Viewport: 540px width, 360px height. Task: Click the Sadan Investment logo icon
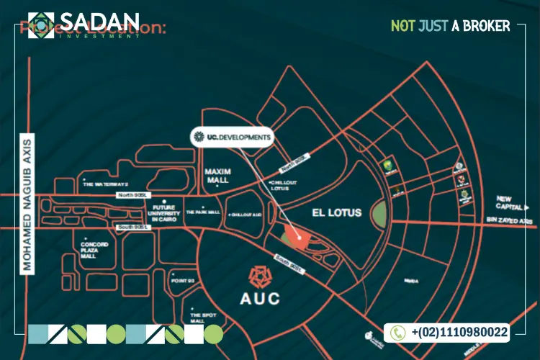(x=42, y=24)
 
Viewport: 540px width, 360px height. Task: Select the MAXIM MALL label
(x=216, y=176)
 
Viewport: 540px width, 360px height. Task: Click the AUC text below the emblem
(x=258, y=297)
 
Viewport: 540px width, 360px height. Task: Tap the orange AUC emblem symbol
(x=258, y=275)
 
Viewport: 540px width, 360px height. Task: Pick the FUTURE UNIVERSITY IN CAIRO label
(x=165, y=214)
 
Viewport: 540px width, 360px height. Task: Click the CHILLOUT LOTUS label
(x=282, y=186)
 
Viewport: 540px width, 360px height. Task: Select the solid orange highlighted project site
(x=292, y=235)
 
